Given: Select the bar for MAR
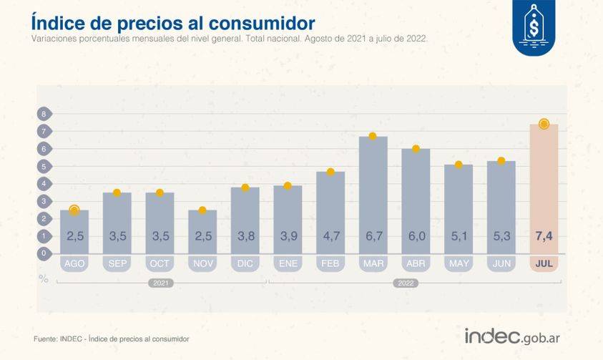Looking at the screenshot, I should [x=373, y=186].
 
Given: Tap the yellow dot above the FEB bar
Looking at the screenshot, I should [x=330, y=172].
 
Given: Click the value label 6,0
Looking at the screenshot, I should [x=416, y=236].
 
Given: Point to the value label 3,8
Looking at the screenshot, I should [x=245, y=236].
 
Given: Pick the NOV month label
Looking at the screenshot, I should [x=202, y=264].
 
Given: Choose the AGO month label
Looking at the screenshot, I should [x=74, y=264].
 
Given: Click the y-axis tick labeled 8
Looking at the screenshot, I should [x=44, y=114].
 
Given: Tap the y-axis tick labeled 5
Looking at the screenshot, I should [x=44, y=166].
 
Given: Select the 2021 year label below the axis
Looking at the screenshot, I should [x=162, y=283].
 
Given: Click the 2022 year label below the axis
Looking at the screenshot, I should [x=405, y=283].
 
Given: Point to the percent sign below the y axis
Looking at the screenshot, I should [x=44, y=279].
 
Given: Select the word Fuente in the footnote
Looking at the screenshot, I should [x=45, y=339].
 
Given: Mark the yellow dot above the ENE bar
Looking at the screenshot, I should [x=288, y=186].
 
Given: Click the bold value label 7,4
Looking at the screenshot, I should [x=544, y=236].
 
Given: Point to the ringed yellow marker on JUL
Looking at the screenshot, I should [x=544, y=124].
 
